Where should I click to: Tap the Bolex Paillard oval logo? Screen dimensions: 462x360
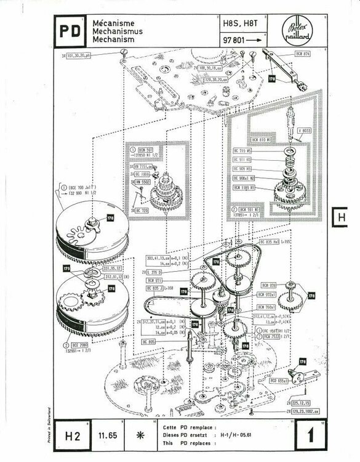click(x=298, y=29)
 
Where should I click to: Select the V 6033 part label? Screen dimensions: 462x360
click(x=304, y=131)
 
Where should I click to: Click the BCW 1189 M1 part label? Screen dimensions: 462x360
click(x=245, y=187)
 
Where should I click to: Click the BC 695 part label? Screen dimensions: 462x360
click(x=148, y=341)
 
